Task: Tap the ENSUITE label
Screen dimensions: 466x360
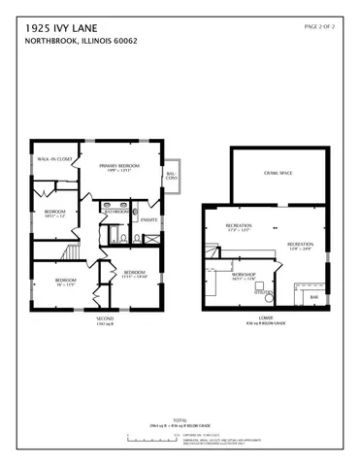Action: tap(148, 219)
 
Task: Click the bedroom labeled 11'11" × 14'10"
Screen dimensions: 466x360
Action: tap(134, 274)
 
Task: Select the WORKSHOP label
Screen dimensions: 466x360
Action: tap(243, 276)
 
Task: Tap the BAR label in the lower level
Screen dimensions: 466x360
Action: tap(312, 297)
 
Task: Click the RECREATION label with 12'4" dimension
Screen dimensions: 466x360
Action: tap(301, 245)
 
